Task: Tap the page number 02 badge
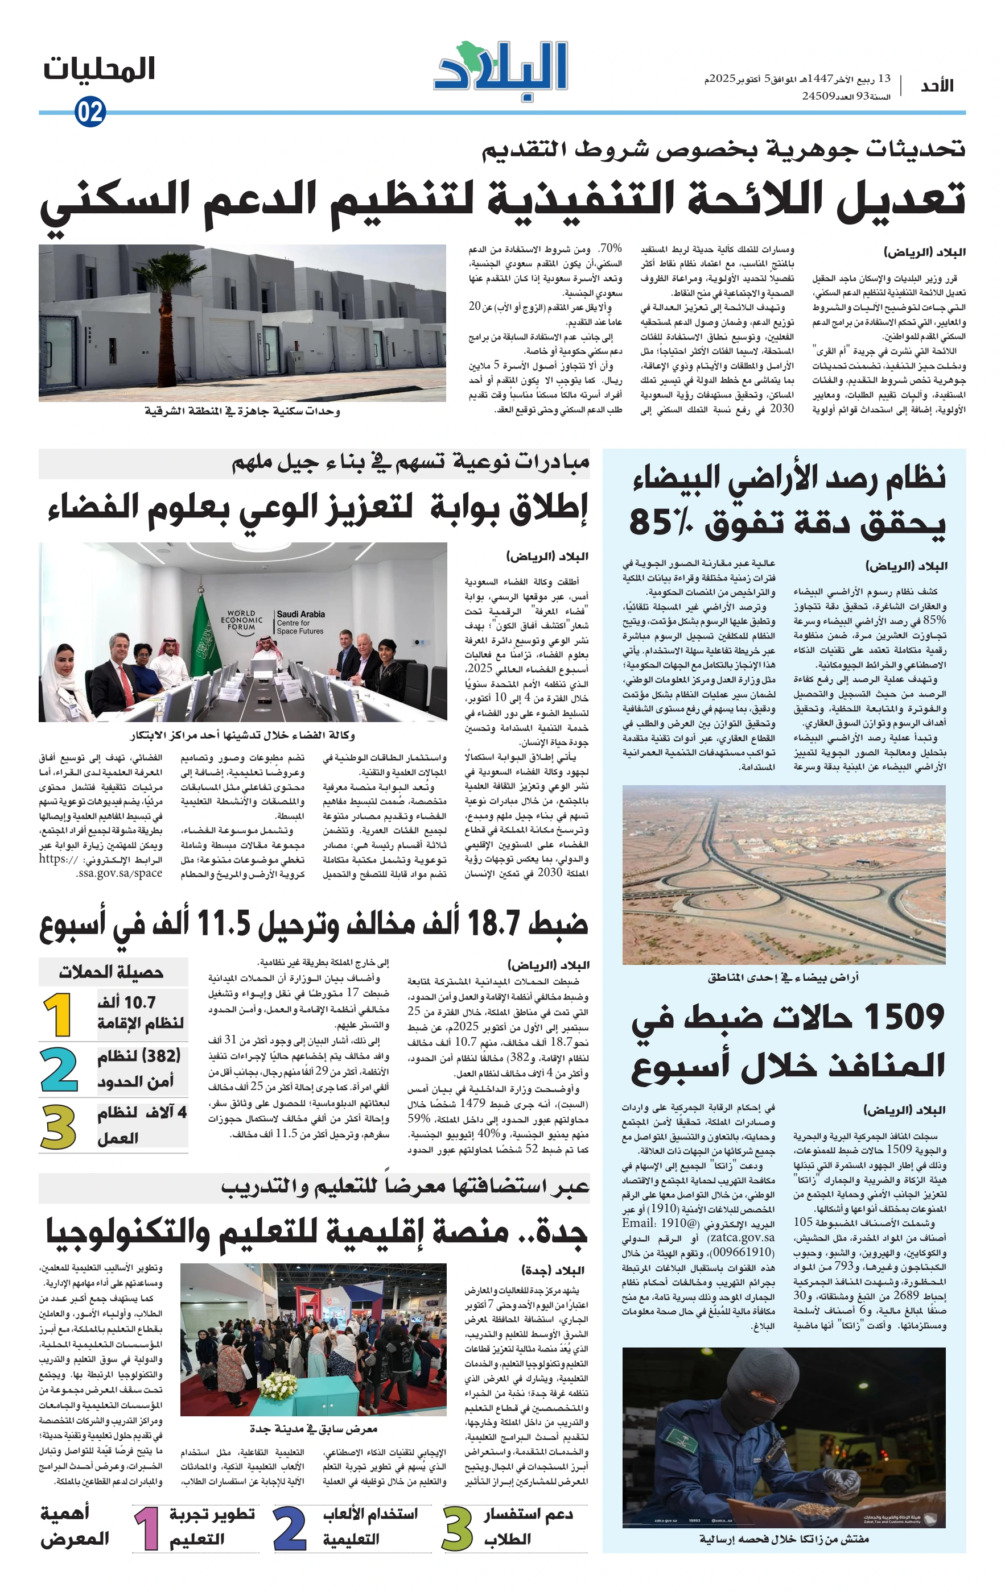click(90, 112)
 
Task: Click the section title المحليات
click(99, 69)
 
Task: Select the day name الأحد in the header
click(937, 86)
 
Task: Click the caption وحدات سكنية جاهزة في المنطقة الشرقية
click(242, 411)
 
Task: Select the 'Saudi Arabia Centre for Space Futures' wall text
click(300, 622)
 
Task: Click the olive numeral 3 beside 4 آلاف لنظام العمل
click(58, 1125)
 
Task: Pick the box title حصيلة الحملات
click(111, 972)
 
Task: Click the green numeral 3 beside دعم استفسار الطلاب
click(457, 1528)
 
